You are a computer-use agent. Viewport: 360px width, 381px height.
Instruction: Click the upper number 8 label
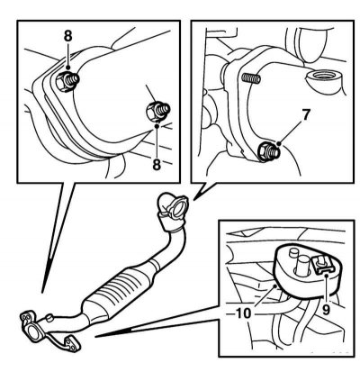68,36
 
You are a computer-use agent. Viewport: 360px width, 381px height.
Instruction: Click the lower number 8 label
157,165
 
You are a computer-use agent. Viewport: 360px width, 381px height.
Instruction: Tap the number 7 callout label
305,115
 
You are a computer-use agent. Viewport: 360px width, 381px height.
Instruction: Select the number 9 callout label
326,309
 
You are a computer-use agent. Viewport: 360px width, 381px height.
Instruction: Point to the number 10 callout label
243,313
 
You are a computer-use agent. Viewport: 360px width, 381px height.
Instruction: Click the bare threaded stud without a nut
251,78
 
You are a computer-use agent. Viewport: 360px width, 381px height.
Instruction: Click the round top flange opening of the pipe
178,208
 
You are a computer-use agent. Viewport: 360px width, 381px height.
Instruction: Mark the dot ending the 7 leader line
279,144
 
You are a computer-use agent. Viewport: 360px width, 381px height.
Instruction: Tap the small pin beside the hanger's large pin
292,252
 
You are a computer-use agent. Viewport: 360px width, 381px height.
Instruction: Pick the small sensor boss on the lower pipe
49,317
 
